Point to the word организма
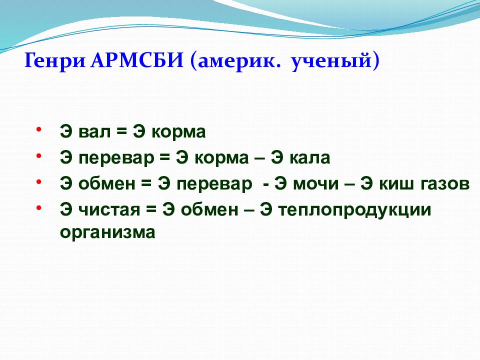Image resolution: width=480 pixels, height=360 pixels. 107,232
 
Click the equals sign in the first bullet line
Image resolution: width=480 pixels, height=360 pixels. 121,132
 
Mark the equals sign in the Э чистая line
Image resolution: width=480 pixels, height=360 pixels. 150,210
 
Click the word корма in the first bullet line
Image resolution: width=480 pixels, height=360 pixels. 179,132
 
